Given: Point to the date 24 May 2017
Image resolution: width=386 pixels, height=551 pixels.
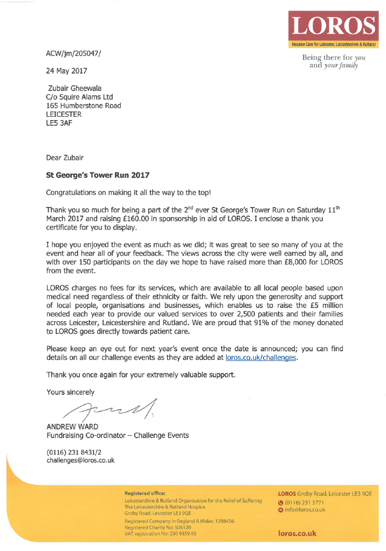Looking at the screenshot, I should coord(66,71).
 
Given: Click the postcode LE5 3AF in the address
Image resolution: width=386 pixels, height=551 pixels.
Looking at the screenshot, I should coord(58,123).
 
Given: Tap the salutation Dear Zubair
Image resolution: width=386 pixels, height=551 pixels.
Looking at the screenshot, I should coord(65,158).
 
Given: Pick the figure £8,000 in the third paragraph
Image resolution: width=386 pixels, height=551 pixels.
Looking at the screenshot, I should coord(282,263).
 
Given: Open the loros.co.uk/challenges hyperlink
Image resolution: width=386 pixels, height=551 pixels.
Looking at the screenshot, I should coord(261,358).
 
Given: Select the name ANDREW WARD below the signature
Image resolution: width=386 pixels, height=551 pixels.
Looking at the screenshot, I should coord(73,426).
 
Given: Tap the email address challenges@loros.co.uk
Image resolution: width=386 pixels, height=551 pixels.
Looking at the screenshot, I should coord(81,461).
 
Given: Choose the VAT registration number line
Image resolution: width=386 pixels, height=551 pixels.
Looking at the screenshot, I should coord(160,533).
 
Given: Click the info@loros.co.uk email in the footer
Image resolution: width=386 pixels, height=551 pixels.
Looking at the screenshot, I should coord(305,510).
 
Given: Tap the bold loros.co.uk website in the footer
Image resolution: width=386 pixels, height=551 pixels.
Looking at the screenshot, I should coord(298,533).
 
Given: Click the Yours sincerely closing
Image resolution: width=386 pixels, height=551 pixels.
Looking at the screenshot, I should coord(71,392).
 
